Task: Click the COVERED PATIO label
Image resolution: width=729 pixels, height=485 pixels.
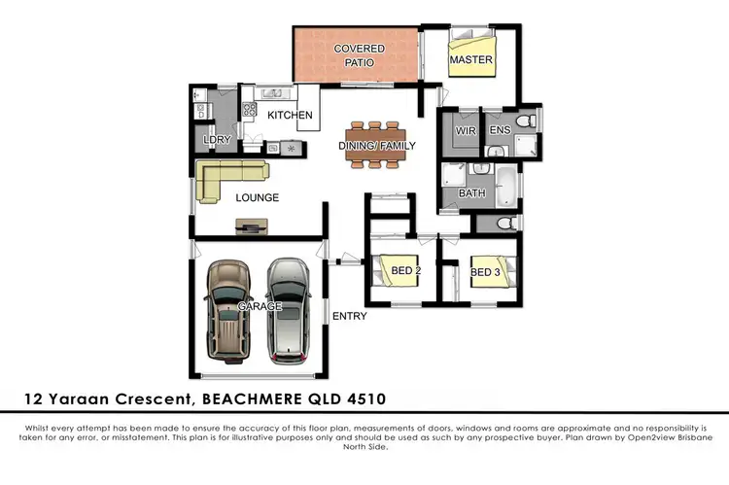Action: pyautogui.click(x=359, y=55)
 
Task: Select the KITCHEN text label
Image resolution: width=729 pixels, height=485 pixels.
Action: pyautogui.click(x=290, y=116)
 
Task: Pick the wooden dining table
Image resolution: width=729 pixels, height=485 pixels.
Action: pyautogui.click(x=373, y=146)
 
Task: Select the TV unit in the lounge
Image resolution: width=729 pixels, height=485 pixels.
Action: pyautogui.click(x=250, y=228)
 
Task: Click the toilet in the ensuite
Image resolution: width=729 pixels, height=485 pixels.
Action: pyautogui.click(x=526, y=121)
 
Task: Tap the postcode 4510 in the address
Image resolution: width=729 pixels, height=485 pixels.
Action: pyautogui.click(x=370, y=398)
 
